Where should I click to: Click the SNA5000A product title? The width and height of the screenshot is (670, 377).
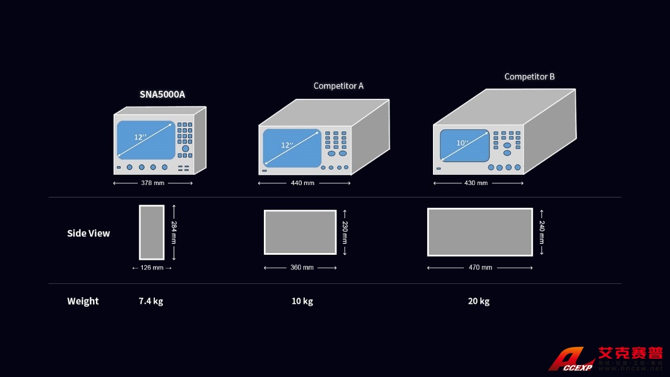[x=162, y=94]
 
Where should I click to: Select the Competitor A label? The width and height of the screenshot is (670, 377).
[x=338, y=86]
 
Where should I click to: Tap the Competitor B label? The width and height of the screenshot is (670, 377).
[x=529, y=77]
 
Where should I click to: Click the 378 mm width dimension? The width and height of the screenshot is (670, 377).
[x=153, y=183]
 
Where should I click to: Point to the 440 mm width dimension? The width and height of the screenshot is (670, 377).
[x=303, y=183]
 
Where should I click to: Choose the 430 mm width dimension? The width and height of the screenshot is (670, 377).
[x=476, y=183]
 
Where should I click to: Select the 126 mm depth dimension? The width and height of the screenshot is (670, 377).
[x=152, y=268]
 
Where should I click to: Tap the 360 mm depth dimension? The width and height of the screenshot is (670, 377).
[x=302, y=268]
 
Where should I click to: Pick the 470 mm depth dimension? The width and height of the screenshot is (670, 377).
[x=480, y=268]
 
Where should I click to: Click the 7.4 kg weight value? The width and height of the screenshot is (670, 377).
[x=151, y=301]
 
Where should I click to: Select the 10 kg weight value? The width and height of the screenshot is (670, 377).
[x=302, y=301]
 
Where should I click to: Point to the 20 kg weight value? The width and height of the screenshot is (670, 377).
[x=479, y=301]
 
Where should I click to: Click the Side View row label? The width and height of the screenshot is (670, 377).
[x=89, y=233]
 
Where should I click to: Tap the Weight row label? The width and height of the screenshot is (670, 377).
[x=83, y=301]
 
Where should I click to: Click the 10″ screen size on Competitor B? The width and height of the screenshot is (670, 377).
[x=462, y=143]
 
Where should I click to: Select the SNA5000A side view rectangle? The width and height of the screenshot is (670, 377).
[x=151, y=232]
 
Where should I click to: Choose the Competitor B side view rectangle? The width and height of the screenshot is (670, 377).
[x=480, y=232]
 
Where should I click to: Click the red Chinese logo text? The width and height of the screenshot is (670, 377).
[x=630, y=353]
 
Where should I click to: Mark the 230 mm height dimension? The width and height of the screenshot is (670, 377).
[x=344, y=232]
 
